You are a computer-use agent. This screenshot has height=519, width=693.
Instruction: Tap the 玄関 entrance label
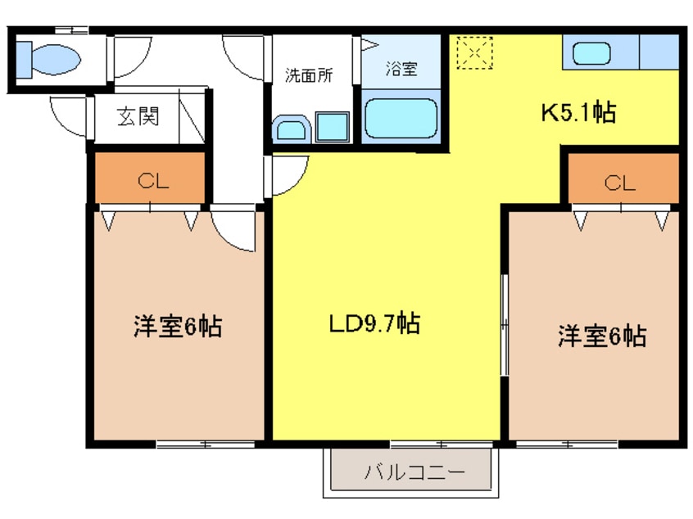[137, 117]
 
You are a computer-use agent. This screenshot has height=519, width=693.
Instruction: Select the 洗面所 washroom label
[308, 76]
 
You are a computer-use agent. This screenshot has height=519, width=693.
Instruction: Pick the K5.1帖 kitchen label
[577, 113]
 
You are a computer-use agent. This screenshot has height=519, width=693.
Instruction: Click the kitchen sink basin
[591, 54]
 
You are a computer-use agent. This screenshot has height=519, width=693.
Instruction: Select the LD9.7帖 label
[374, 324]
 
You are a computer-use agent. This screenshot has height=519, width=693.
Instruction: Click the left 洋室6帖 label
[177, 327]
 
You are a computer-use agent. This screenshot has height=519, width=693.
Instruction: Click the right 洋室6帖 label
[602, 336]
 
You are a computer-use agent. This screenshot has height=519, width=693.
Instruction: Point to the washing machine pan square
[332, 128]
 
